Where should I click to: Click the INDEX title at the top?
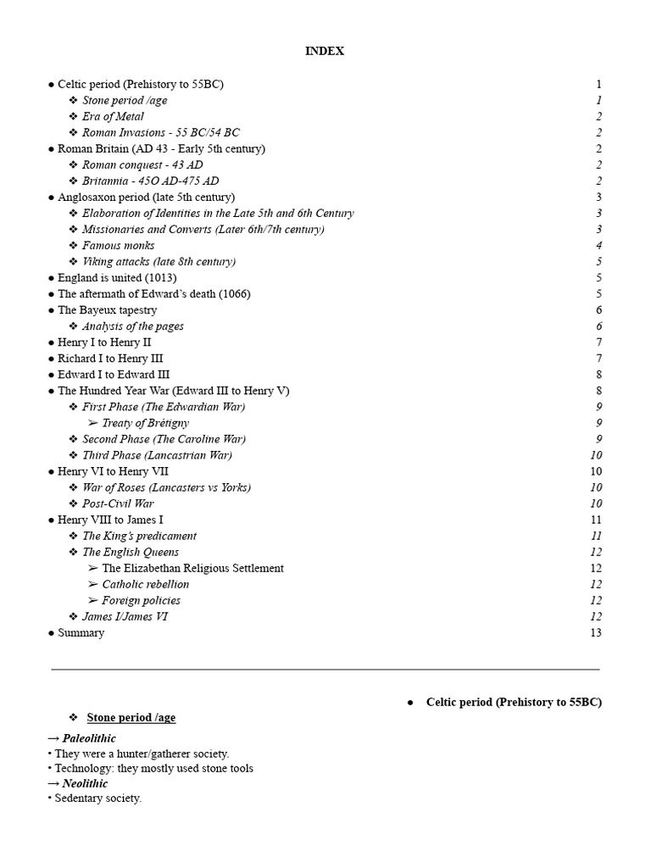pyautogui.click(x=325, y=52)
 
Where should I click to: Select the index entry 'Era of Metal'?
pyautogui.click(x=113, y=117)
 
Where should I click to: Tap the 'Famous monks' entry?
pyautogui.click(x=118, y=246)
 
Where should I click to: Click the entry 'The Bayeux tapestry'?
pyautogui.click(x=107, y=310)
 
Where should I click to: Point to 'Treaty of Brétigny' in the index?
pyautogui.click(x=145, y=423)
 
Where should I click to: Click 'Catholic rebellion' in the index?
pyautogui.click(x=145, y=584)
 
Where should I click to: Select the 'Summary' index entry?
pyautogui.click(x=81, y=633)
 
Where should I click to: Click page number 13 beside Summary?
pyautogui.click(x=596, y=633)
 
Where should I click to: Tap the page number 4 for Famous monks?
pyautogui.click(x=598, y=246)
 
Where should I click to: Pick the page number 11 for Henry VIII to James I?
pyautogui.click(x=596, y=520)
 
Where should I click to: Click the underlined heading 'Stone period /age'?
pyautogui.click(x=131, y=718)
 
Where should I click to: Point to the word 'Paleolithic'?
pyautogui.click(x=89, y=738)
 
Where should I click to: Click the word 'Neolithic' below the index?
pyautogui.click(x=85, y=783)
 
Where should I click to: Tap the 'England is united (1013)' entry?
pyautogui.click(x=117, y=278)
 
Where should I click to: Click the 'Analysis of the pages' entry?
pyautogui.click(x=132, y=326)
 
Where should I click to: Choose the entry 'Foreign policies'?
pyautogui.click(x=141, y=600)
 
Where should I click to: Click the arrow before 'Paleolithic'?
pyautogui.click(x=53, y=738)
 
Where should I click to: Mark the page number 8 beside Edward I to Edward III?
pyautogui.click(x=598, y=375)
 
